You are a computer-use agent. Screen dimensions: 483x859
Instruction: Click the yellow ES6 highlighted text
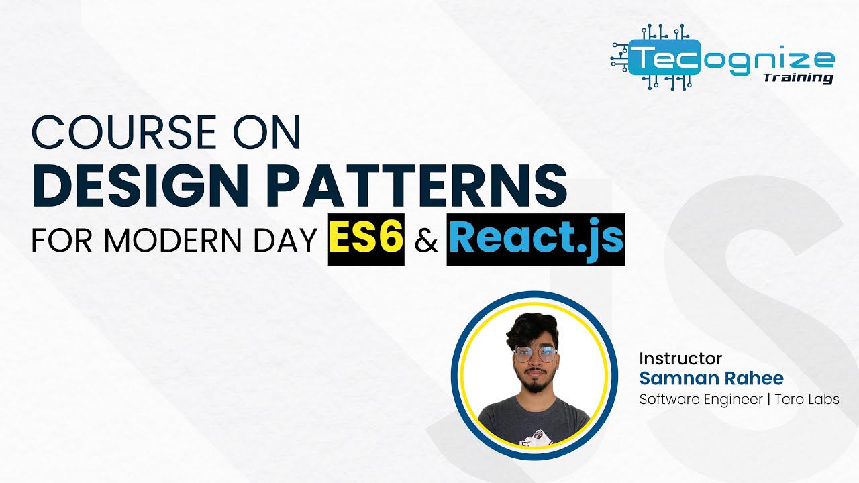coord(366,239)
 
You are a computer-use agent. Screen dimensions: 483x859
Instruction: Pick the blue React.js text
coord(536,239)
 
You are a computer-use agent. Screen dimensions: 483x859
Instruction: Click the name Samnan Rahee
coord(711,378)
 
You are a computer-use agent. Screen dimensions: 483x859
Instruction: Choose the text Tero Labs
coord(807,400)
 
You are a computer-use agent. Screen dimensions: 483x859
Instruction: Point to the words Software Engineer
coord(701,400)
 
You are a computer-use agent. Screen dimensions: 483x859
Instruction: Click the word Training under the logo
coord(798,78)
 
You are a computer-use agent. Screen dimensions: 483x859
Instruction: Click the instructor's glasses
coord(535,355)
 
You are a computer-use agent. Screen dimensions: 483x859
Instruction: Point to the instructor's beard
coord(535,386)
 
